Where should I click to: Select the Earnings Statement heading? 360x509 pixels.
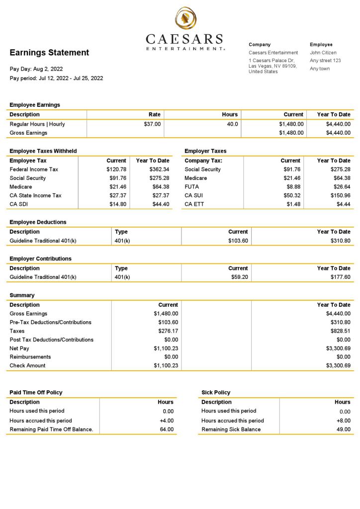coord(49,53)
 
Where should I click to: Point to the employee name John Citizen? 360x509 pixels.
coord(323,53)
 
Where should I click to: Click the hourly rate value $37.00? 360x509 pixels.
coord(152,124)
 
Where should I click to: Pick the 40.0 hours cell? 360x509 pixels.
coord(232,124)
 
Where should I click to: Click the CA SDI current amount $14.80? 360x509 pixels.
coord(118,204)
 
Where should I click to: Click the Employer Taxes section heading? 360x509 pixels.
coord(205,151)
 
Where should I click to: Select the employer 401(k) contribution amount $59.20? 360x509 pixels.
coord(239,277)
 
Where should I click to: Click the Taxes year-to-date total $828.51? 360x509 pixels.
coord(340,331)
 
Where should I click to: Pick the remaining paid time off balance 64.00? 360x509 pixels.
coord(167,429)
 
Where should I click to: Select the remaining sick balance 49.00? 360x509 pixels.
coord(343,429)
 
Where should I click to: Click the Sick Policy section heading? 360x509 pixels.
coord(216,393)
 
